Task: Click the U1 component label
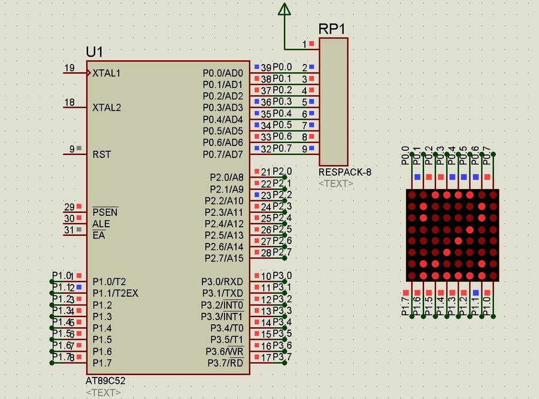95,52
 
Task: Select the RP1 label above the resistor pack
331,29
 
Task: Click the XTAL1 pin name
107,73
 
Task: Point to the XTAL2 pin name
107,108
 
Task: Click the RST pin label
101,154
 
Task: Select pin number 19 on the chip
69,68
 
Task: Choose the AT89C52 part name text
105,381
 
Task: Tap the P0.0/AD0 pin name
223,73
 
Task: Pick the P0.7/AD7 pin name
223,154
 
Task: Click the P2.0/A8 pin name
226,178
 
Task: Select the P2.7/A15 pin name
224,258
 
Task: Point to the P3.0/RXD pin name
222,282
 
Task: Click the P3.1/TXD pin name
222,293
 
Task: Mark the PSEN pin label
105,212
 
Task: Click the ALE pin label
101,224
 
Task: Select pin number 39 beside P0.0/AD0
266,68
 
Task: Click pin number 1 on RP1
304,44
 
